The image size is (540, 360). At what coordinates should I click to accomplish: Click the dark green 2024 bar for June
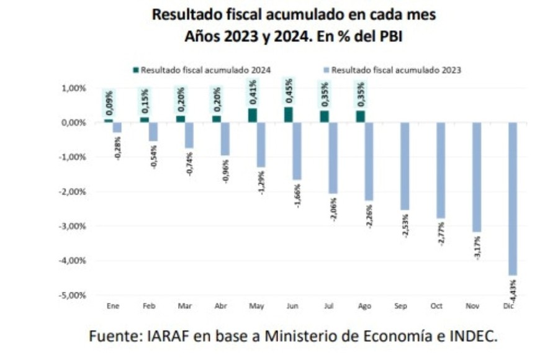[x=289, y=115]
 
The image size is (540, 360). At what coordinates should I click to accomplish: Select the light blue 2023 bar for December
[x=512, y=199]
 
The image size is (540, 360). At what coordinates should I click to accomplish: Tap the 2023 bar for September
[x=405, y=166]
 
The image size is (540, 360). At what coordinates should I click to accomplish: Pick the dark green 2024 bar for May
[x=253, y=115]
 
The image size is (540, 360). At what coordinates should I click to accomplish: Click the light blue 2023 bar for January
[x=117, y=127]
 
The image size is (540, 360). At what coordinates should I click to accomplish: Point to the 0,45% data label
[x=289, y=92]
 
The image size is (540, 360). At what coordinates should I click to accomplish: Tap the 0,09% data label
[x=109, y=103]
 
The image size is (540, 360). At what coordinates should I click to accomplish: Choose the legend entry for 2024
[x=202, y=70]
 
